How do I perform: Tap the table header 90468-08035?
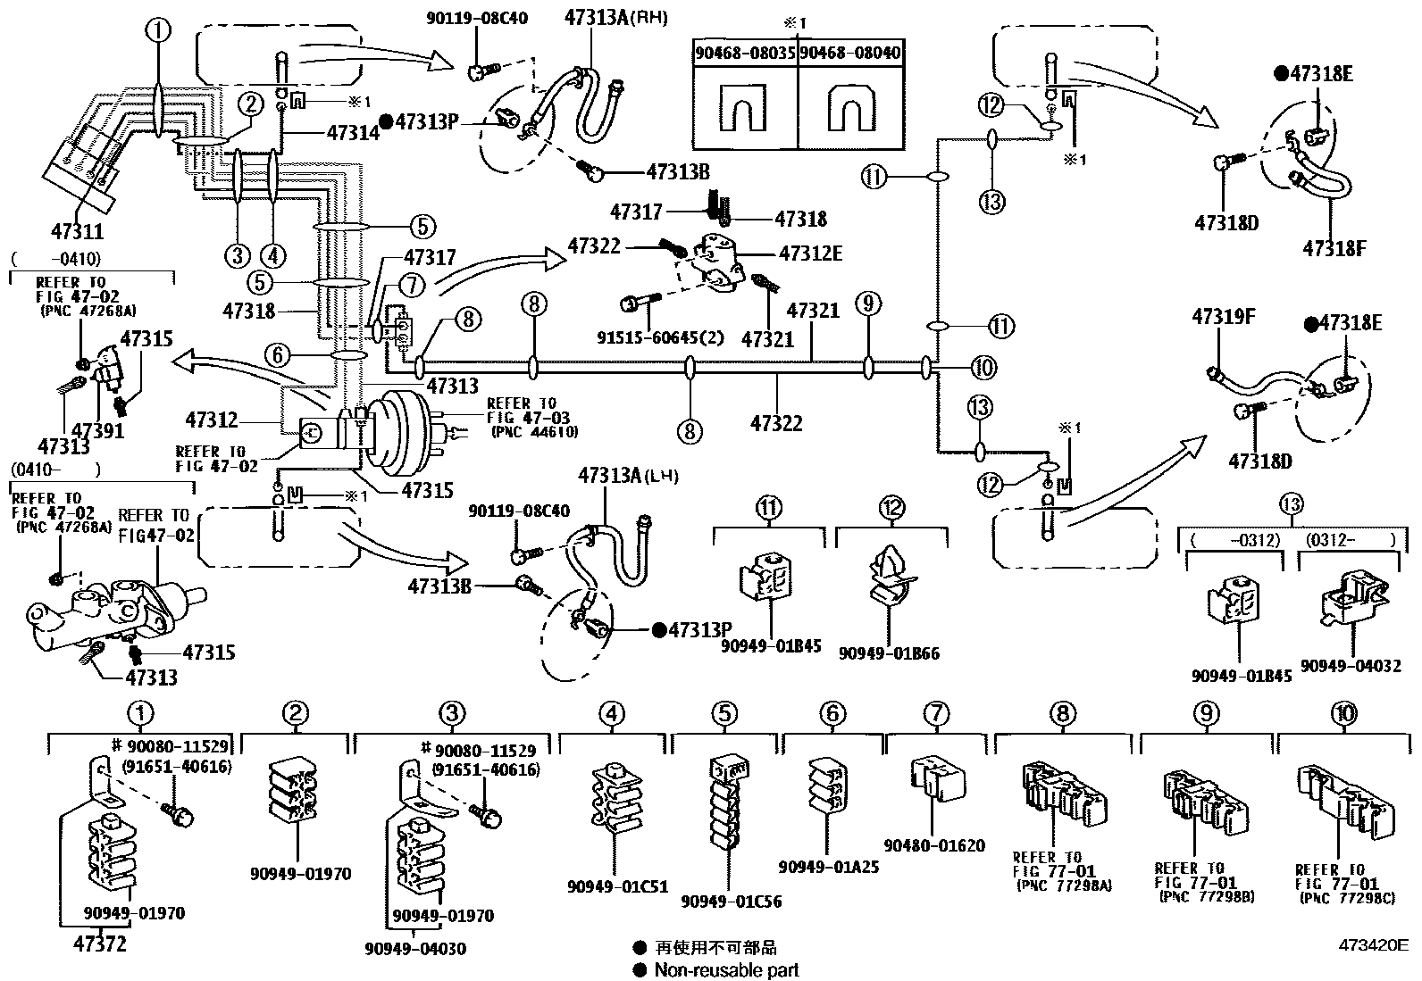coord(745,53)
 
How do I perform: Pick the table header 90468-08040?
coord(849,53)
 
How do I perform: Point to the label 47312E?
coord(810,254)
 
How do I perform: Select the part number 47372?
coord(100,943)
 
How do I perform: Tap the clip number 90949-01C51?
coord(616,886)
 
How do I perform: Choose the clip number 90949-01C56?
coord(731,902)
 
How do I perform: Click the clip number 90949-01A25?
coord(828,867)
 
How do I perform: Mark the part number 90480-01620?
coord(934,844)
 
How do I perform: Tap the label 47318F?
coord(1334,247)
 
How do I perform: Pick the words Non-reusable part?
coord(726,969)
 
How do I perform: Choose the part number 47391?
coord(97,430)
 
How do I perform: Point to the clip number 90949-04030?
coord(415,949)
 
